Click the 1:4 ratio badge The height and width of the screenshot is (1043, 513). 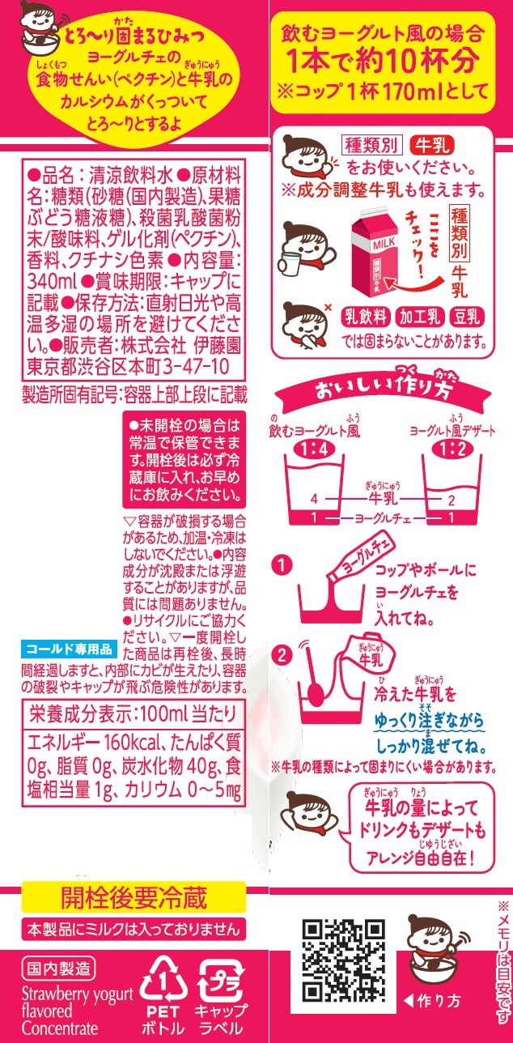click(x=316, y=449)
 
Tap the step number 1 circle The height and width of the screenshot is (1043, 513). click(x=282, y=566)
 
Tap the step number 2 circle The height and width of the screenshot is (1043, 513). click(x=282, y=656)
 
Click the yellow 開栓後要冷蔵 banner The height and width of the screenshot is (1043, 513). click(x=134, y=896)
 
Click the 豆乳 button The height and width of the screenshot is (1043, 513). click(x=467, y=317)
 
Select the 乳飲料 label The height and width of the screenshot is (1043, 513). click(x=366, y=317)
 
